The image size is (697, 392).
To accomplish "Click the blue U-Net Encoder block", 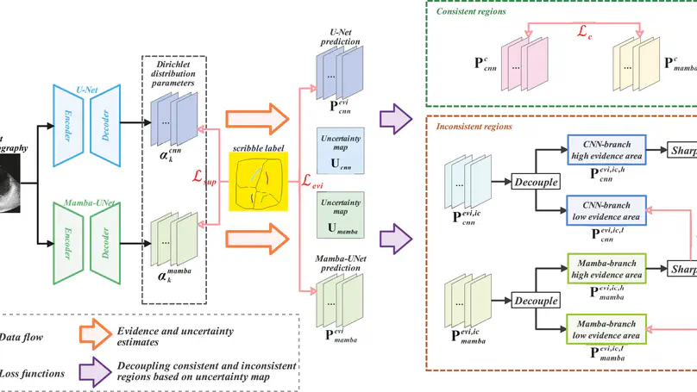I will [x=66, y=125].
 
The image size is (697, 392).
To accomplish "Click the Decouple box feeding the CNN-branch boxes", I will [x=536, y=182].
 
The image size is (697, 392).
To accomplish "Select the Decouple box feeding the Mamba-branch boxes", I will [x=536, y=302].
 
